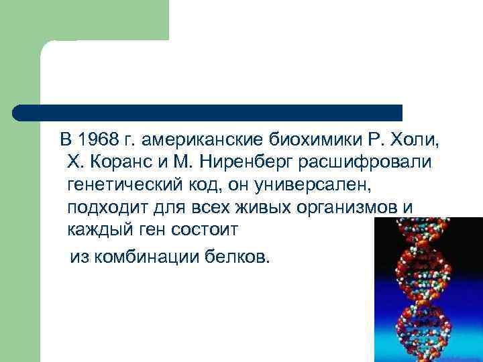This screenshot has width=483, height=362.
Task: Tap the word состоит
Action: pyautogui.click(x=206, y=229)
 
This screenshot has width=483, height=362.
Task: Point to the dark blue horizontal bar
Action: pyautogui.click(x=208, y=112)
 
